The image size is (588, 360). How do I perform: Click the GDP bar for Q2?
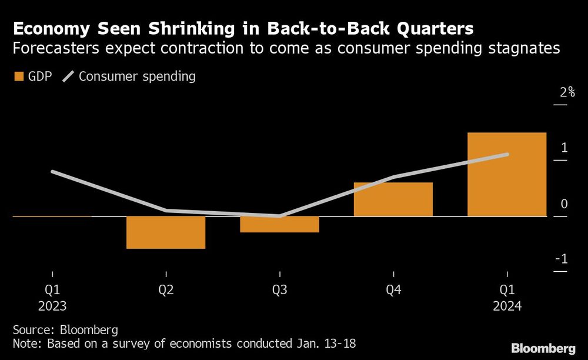click(166, 232)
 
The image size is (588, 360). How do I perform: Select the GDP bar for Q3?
click(279, 224)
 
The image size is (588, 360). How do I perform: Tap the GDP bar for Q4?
click(393, 199)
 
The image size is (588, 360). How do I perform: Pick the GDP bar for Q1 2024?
click(507, 175)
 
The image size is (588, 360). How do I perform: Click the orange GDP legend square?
click(18, 76)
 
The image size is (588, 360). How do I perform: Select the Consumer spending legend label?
click(137, 76)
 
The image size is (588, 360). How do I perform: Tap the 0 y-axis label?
click(564, 204)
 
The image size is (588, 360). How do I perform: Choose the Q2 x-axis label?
click(166, 290)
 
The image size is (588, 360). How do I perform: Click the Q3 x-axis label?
click(279, 290)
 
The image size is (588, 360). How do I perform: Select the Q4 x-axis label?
click(393, 290)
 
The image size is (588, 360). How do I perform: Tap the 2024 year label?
click(507, 306)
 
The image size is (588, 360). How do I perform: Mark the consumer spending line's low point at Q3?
click(279, 216)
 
